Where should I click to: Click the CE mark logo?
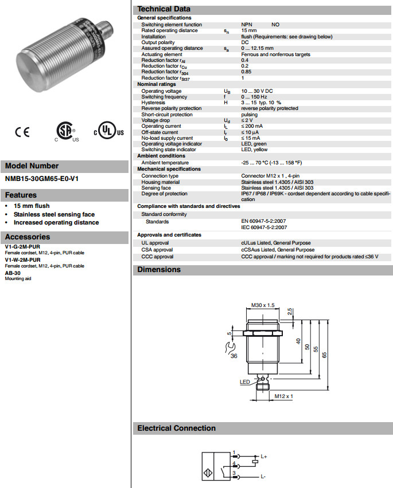click(x=22, y=132)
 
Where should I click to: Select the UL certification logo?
click(x=109, y=131)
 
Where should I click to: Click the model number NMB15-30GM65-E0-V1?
click(x=42, y=178)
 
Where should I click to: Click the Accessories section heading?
click(x=28, y=237)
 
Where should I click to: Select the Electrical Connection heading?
click(x=177, y=428)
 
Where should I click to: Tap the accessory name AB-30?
click(x=12, y=273)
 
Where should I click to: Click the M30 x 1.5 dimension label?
click(x=263, y=305)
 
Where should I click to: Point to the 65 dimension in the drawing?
click(x=325, y=355)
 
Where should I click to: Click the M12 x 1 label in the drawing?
click(x=283, y=396)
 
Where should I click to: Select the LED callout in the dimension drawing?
click(x=244, y=381)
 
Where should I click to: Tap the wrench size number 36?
click(x=234, y=356)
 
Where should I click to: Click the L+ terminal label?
click(x=264, y=456)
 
